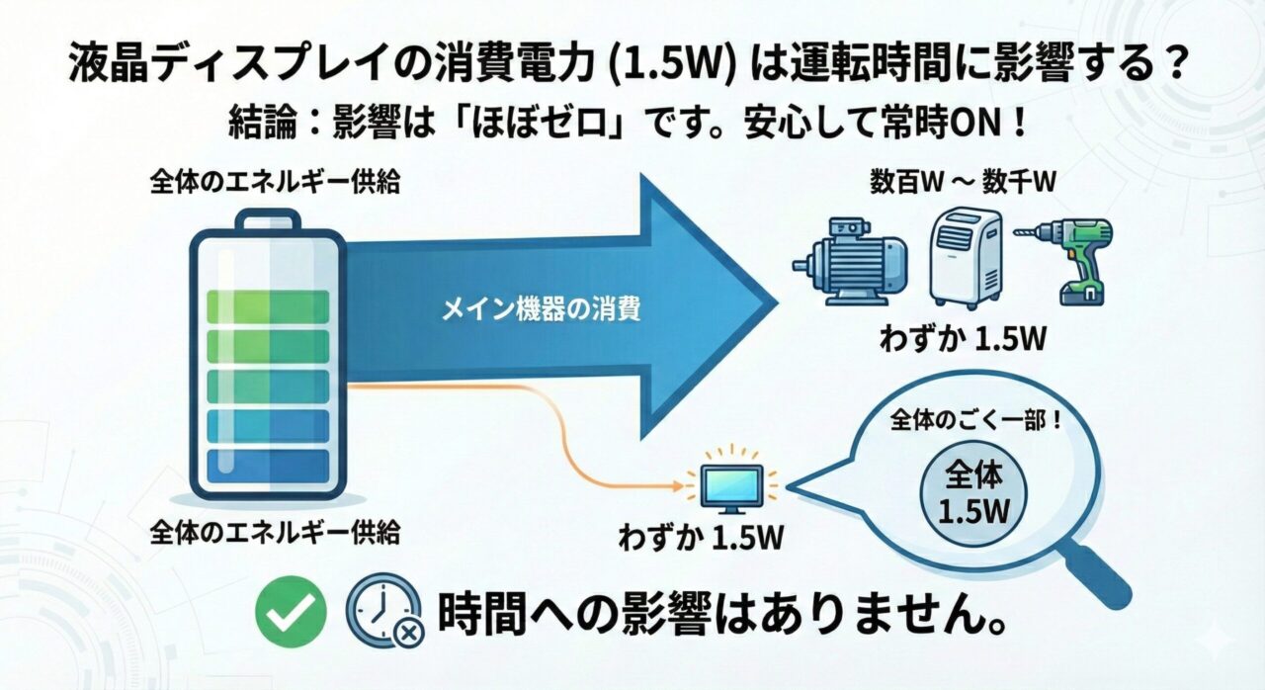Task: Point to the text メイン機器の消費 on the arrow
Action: (541, 310)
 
